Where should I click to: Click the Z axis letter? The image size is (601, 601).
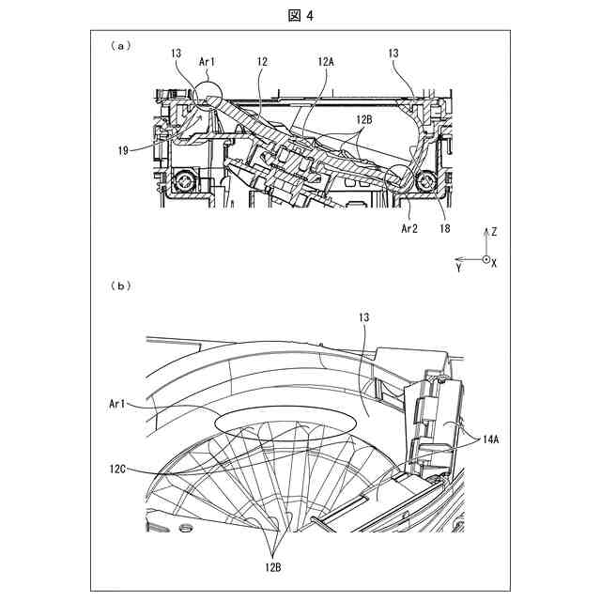click(x=496, y=230)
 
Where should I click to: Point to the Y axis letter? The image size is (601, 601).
click(x=458, y=268)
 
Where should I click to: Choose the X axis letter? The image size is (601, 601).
click(x=495, y=263)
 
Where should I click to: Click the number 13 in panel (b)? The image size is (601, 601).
click(x=363, y=319)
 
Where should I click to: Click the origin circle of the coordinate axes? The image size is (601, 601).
click(x=485, y=259)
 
